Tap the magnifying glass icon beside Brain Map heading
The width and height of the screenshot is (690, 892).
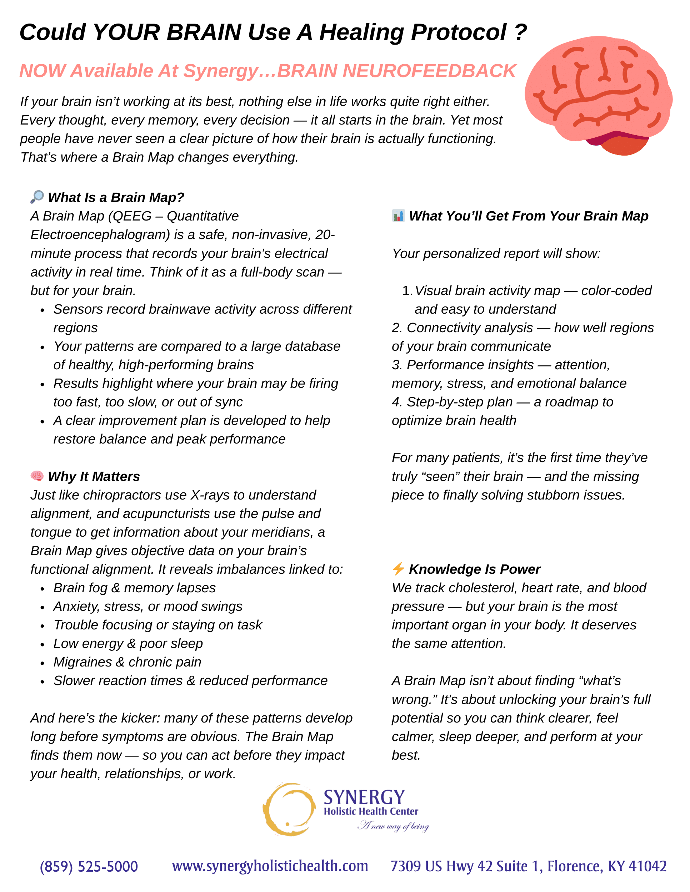pos(37,197)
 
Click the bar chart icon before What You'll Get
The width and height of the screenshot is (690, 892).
pos(398,216)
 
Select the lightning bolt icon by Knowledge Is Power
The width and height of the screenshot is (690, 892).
pos(398,568)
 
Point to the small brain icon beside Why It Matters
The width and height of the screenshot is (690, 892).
pos(37,476)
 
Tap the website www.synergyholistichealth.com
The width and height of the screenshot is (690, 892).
pos(270,866)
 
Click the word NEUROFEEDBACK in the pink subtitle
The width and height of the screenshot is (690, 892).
pos(429,71)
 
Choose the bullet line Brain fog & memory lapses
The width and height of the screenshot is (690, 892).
pos(135,588)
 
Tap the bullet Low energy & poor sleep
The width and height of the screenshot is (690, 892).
pos(128,644)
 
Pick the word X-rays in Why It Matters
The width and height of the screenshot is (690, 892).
pos(211,495)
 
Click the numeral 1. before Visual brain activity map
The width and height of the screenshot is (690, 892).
pos(407,291)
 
